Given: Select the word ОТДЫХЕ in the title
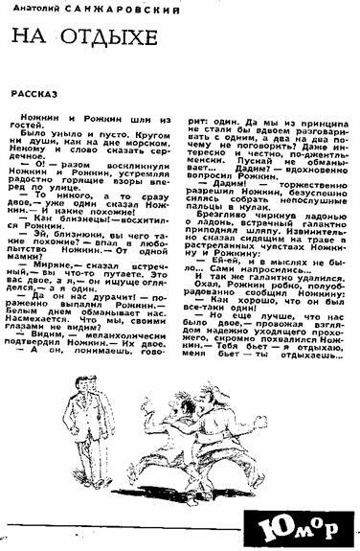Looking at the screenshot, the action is click(102, 40).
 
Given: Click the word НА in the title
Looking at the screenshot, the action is click(31, 40).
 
